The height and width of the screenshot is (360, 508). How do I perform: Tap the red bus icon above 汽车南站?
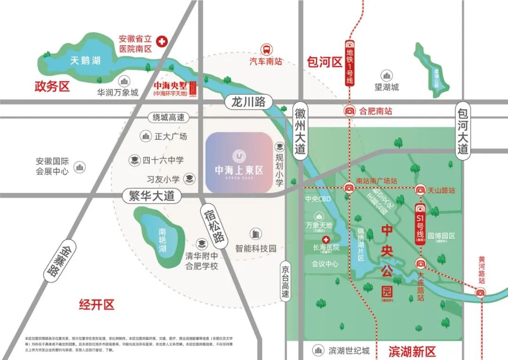tap(266, 49)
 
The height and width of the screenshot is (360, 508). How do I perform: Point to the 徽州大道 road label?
tap(301, 131)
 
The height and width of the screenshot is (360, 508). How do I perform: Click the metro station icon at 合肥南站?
tap(349, 112)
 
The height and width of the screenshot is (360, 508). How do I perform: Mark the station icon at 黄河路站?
tap(480, 293)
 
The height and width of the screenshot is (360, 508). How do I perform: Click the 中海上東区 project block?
tap(239, 162)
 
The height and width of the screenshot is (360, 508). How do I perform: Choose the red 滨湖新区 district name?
tap(413, 351)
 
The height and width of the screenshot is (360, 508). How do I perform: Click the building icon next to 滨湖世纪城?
tap(319, 350)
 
